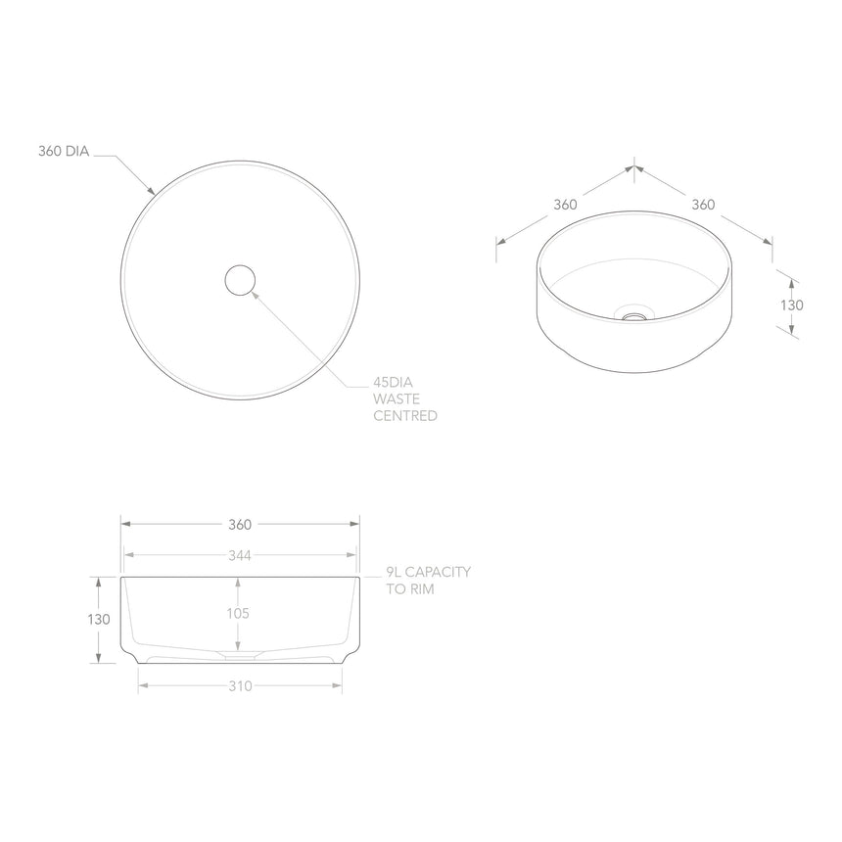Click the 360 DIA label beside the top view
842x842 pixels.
[x=64, y=152]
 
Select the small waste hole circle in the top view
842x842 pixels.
[x=240, y=280]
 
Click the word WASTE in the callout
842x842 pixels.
[x=395, y=398]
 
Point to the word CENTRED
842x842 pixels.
[x=404, y=416]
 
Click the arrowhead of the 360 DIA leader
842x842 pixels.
[x=152, y=191]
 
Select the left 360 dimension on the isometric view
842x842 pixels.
[x=565, y=205]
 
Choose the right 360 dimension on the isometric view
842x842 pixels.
[x=702, y=205]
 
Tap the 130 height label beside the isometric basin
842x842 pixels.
[x=791, y=304]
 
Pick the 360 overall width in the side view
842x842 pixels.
[x=240, y=524]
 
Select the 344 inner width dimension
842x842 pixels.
[x=240, y=555]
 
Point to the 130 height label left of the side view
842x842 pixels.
[x=98, y=619]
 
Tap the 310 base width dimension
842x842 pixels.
[x=240, y=685]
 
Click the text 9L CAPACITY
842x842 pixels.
[x=429, y=572]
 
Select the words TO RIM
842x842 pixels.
[x=410, y=589]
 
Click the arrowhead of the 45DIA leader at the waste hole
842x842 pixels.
[x=254, y=291]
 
